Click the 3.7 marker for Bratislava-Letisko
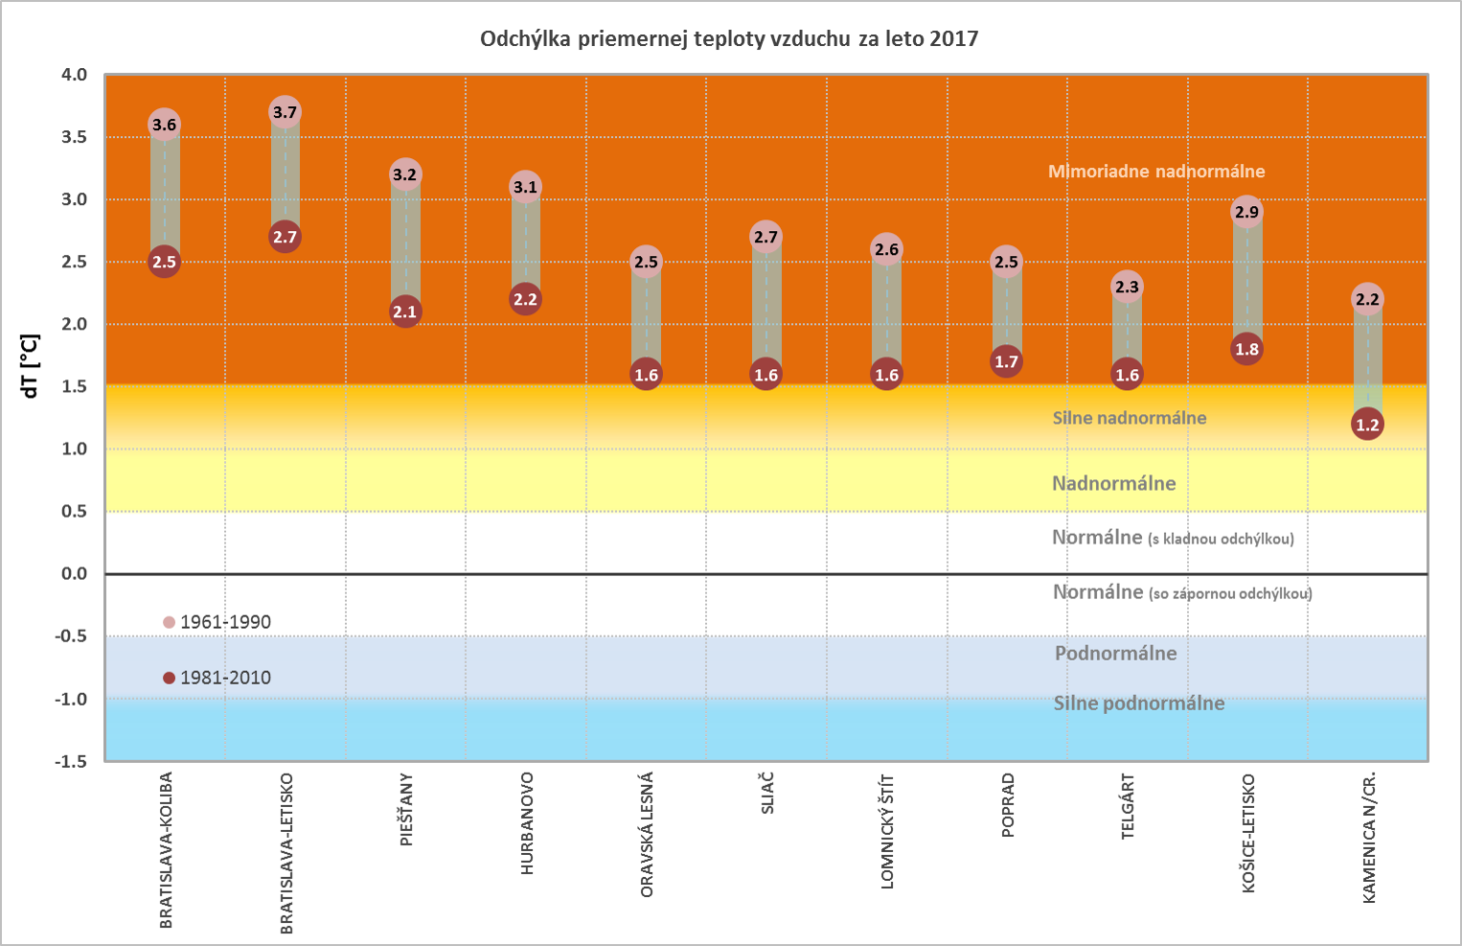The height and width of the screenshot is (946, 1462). click(285, 112)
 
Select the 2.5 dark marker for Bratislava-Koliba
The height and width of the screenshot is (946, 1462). click(164, 262)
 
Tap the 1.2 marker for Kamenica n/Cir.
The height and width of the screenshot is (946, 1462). click(1367, 425)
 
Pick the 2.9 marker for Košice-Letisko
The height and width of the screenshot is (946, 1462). click(1246, 212)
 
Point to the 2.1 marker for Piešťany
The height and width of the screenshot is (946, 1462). click(405, 311)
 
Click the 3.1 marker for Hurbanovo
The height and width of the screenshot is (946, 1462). click(525, 187)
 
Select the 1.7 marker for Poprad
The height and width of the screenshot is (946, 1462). click(1006, 361)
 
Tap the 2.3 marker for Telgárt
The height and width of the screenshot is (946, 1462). click(1127, 287)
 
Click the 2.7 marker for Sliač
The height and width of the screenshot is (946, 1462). click(765, 237)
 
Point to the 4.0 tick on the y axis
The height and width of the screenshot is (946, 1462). click(74, 75)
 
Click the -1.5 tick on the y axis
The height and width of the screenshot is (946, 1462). click(70, 761)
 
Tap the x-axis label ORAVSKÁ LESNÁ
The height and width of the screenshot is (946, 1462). click(647, 835)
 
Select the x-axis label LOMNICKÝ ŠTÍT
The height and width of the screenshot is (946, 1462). click(887, 832)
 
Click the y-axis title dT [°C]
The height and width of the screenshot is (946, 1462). click(31, 366)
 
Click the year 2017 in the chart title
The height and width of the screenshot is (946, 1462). click(953, 39)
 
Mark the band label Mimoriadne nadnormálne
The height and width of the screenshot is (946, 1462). click(1156, 172)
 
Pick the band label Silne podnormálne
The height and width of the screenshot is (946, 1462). click(1139, 704)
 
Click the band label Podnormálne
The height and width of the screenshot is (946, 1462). click(1116, 654)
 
